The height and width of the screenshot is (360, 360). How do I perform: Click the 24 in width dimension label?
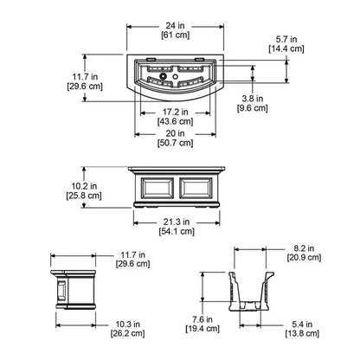click(x=175, y=26)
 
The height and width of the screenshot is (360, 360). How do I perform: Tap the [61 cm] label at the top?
click(x=175, y=35)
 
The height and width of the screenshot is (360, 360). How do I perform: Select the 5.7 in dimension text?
click(x=286, y=39)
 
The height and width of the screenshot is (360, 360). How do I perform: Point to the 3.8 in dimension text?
click(x=253, y=99)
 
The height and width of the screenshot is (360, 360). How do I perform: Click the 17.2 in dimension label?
click(x=176, y=112)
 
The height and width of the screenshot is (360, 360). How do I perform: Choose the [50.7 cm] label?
click(x=176, y=143)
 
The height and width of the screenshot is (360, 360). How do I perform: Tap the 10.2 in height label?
click(x=84, y=186)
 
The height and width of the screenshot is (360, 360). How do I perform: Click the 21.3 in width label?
click(x=177, y=222)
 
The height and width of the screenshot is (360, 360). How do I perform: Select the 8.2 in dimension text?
click(x=304, y=247)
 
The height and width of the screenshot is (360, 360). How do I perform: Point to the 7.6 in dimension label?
click(x=202, y=319)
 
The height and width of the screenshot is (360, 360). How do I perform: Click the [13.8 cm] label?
click(x=302, y=334)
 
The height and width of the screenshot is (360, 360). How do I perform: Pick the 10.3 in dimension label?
click(x=128, y=325)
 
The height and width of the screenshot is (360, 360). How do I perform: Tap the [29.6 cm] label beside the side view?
click(x=133, y=264)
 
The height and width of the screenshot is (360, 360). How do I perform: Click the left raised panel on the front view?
click(x=157, y=188)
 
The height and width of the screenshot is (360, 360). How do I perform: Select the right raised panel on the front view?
click(x=196, y=188)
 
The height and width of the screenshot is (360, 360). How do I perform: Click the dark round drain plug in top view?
click(x=163, y=76)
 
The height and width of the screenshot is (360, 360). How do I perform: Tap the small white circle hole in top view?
click(x=175, y=77)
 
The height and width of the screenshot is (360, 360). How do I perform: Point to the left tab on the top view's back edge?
click(x=151, y=60)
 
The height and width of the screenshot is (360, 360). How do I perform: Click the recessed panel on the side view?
click(x=61, y=291)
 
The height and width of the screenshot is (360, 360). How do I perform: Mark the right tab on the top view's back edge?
click(x=199, y=60)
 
